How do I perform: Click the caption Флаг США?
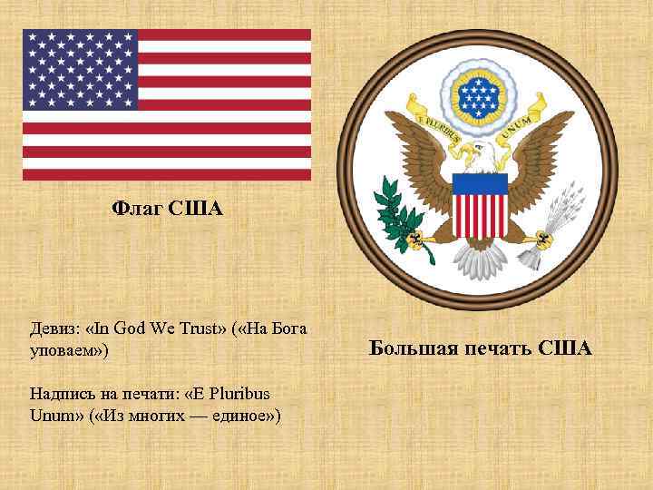167,210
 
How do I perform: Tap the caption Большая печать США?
481,348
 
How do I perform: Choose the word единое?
243,415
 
